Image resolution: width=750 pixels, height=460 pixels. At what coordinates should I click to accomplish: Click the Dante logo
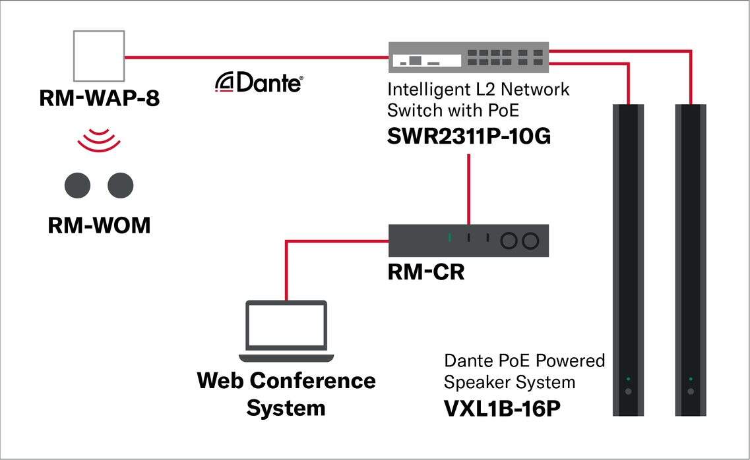259,84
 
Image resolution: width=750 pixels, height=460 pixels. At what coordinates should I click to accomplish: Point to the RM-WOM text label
99,225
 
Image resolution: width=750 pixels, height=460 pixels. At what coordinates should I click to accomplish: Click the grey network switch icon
468,57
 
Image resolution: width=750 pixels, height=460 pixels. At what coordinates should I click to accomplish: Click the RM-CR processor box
468,241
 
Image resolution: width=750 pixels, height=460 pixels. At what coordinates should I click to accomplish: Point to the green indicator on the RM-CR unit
449,237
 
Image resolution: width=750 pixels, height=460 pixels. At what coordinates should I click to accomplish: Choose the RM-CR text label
425,272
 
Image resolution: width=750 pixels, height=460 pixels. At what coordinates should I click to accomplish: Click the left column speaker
628,260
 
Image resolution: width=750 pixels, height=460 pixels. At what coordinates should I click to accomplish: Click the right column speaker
691,260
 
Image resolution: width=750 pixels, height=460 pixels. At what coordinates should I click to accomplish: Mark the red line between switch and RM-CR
468,189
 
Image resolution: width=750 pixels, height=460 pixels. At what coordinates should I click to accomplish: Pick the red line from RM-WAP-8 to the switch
257,57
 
